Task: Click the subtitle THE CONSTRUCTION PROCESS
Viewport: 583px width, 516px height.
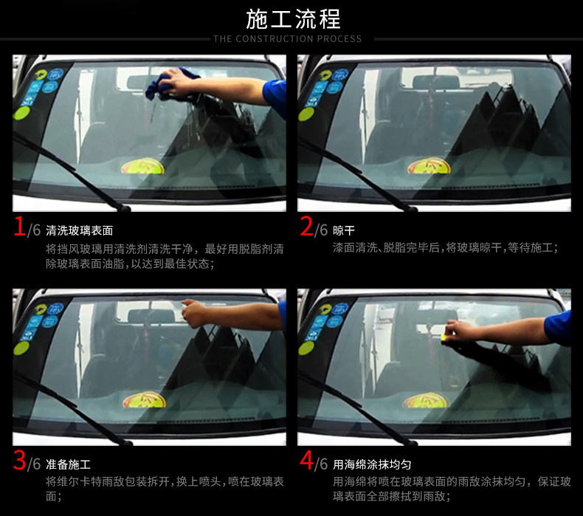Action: click(288, 38)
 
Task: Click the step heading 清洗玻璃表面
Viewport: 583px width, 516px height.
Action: click(79, 230)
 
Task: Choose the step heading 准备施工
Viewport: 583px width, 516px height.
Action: click(68, 464)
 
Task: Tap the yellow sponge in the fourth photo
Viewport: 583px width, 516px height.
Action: click(446, 337)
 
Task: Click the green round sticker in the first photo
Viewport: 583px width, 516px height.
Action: click(22, 112)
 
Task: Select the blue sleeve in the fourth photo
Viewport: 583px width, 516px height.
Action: click(558, 326)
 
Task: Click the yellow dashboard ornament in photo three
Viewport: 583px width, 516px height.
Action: click(143, 401)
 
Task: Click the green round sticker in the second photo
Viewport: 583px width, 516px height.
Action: click(307, 113)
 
